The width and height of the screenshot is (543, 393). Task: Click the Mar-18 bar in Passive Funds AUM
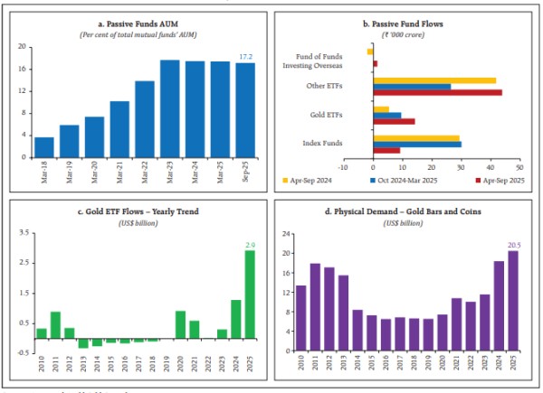click(x=43, y=147)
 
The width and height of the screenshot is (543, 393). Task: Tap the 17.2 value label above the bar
click(x=246, y=57)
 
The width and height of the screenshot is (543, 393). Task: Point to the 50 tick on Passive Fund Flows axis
click(x=519, y=166)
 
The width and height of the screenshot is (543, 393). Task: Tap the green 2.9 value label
click(x=250, y=244)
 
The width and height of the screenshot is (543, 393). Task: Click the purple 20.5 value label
click(x=514, y=245)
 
